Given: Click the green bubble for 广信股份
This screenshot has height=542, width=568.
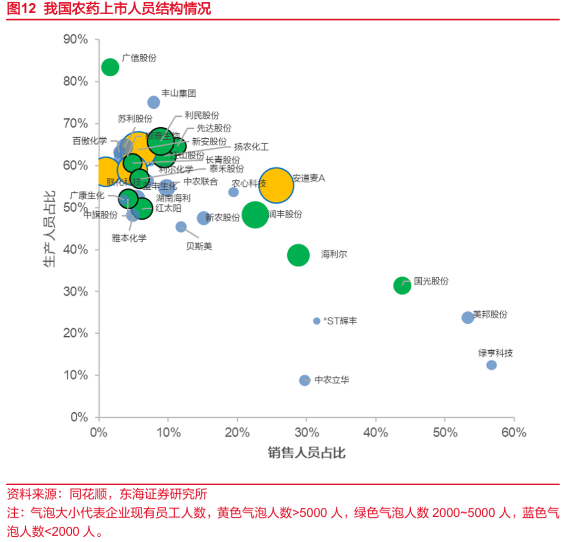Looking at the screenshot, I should click(x=110, y=67).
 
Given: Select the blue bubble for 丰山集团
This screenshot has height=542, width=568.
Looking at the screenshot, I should click(x=154, y=102).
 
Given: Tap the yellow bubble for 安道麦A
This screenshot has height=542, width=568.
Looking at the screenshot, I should click(x=276, y=185).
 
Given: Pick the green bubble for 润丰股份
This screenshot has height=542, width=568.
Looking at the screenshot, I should click(x=256, y=214).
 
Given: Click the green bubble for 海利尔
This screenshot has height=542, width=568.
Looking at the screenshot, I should click(x=298, y=255).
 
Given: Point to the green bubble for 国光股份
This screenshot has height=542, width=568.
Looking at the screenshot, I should click(x=402, y=285).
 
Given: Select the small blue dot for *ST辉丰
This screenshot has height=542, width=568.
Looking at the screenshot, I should click(x=317, y=321).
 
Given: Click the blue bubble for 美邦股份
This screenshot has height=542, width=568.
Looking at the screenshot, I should click(x=468, y=318).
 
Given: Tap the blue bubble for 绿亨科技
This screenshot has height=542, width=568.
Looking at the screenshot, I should click(x=491, y=365).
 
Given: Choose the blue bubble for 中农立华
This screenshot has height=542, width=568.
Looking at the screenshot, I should click(x=305, y=380).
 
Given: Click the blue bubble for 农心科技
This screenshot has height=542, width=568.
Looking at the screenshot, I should click(x=234, y=192).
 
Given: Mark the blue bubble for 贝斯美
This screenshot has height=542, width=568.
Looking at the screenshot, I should click(x=181, y=227).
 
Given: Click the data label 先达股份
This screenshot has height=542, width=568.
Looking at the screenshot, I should click(x=214, y=128).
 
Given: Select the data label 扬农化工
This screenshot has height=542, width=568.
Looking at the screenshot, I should click(x=251, y=147).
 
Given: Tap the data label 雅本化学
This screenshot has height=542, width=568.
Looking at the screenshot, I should click(x=129, y=238).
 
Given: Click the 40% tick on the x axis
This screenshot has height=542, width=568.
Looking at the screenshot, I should click(x=376, y=433).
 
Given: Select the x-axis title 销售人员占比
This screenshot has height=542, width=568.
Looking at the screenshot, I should click(x=307, y=452).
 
